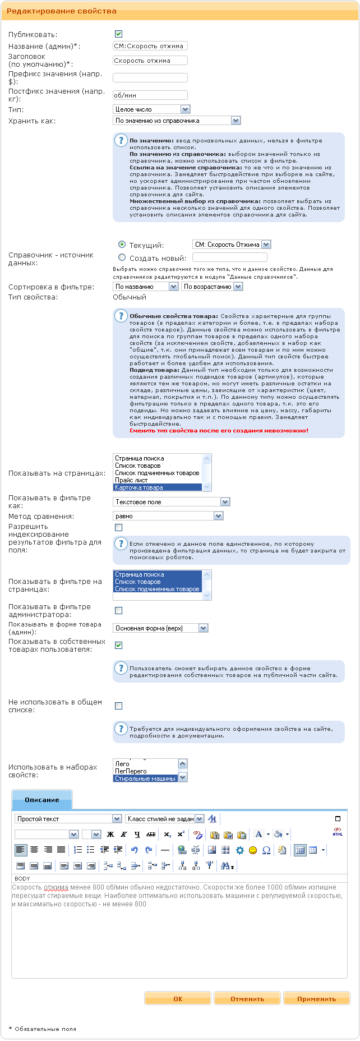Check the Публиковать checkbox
coord(118,34)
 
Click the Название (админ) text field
coord(150,46)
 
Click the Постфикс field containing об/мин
coord(150,95)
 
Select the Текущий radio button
coord(122,245)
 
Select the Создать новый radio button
coord(122,257)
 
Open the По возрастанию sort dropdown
coord(212,287)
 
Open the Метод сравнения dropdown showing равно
coord(168,516)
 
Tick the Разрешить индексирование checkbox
coord(118,527)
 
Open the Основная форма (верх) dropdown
coord(160,628)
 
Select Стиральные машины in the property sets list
coord(145,779)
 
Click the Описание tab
coord(42,800)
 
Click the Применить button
coord(316,999)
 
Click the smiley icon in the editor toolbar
coord(253,850)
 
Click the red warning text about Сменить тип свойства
coord(219,431)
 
